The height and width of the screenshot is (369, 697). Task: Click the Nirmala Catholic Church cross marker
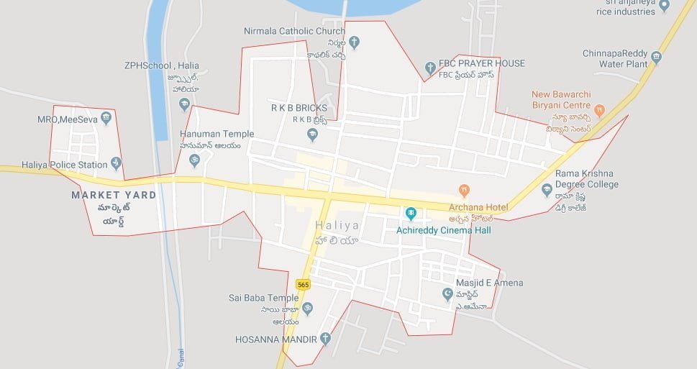pos(353,42)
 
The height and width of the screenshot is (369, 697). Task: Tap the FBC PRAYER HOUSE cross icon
pos(430,69)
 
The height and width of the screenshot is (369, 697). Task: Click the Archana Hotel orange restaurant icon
pos(465,191)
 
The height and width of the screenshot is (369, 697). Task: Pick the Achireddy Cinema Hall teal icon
pos(411,214)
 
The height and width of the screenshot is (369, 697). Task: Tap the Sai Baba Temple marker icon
pos(307,309)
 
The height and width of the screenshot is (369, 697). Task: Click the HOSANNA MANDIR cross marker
pos(326,338)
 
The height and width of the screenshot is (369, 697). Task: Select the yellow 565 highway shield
pos(303,285)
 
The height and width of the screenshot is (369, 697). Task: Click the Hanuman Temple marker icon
pos(194,160)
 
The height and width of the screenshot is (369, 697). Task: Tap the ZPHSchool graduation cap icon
pos(185,105)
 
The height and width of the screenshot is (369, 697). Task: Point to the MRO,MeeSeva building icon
pos(106,118)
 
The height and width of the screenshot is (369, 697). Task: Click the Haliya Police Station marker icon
pos(117,165)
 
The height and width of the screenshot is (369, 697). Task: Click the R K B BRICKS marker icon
pos(311,134)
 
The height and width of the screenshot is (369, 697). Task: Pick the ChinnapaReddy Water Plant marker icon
pos(655,56)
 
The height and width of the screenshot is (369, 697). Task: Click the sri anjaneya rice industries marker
pos(664,5)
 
